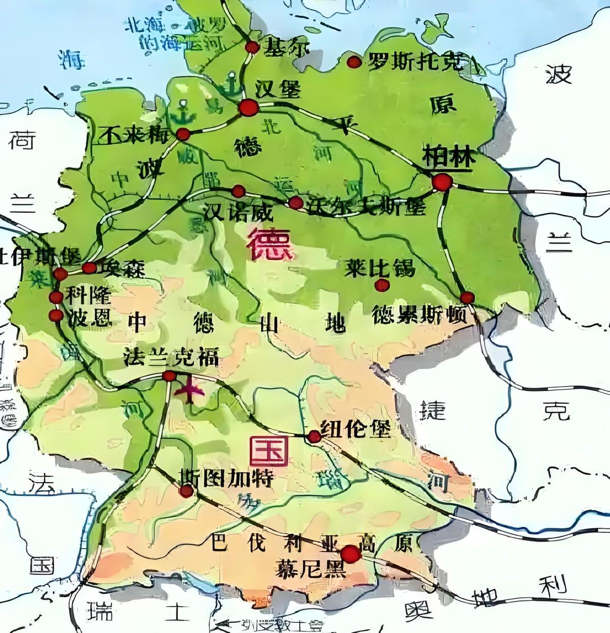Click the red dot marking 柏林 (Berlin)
[442, 182]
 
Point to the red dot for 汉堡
[249, 108]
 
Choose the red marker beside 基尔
[252, 47]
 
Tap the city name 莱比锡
[379, 268]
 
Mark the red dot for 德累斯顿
[467, 298]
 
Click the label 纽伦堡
[356, 429]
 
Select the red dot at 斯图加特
[187, 491]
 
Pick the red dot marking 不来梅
[183, 134]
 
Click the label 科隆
[89, 296]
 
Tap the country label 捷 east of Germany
[433, 410]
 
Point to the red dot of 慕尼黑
[350, 554]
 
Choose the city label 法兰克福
[171, 358]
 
